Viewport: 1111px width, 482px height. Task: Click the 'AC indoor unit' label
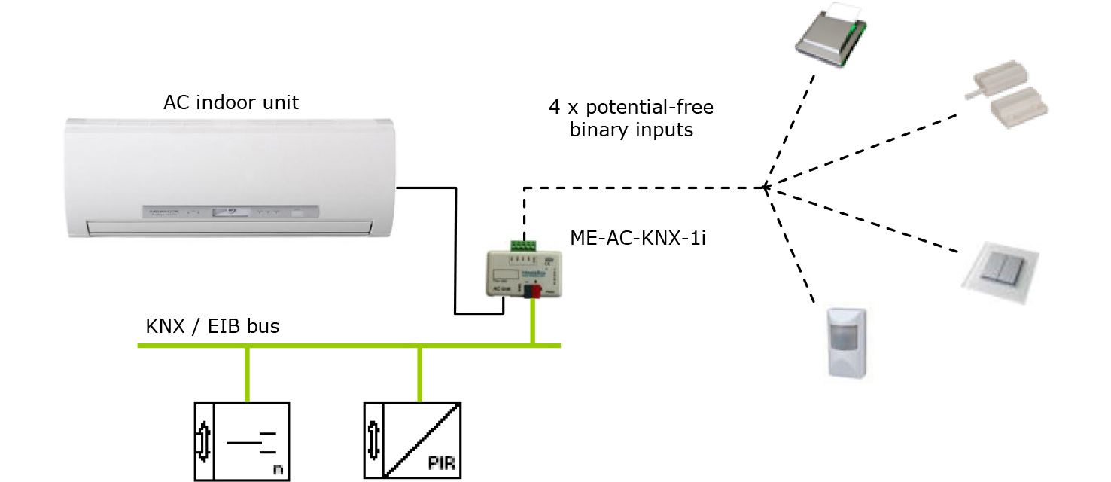(x=230, y=102)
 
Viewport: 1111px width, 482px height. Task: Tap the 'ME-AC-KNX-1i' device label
(x=638, y=239)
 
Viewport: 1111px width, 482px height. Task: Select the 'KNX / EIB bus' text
(x=212, y=326)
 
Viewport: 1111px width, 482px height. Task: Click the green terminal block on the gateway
(x=524, y=246)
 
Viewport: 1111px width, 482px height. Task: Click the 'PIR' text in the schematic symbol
(x=442, y=462)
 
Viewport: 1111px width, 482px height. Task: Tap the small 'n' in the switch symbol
(x=278, y=470)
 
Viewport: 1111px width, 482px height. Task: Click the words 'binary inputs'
(x=631, y=130)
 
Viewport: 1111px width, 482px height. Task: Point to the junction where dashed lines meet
(x=765, y=187)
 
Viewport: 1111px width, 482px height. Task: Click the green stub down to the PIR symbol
(x=420, y=374)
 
